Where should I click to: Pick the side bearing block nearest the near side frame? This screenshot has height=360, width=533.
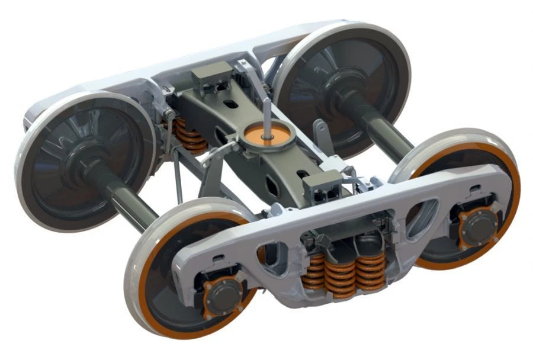click(319, 184)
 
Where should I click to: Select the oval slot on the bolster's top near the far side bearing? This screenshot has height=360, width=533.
click(234, 105)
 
